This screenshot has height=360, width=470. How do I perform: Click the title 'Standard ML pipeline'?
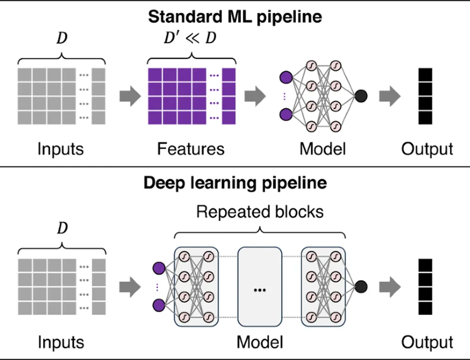point(235,17)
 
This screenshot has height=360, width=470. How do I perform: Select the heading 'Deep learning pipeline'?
point(235,182)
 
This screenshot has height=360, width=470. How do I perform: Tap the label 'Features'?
point(190,149)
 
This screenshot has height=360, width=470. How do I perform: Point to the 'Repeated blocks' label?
point(260,212)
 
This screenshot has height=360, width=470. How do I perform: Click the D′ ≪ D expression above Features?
point(190,38)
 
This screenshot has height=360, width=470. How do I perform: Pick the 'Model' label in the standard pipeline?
point(322,149)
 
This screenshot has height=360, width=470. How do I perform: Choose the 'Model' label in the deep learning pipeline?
point(260,342)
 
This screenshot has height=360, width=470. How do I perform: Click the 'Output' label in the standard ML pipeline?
point(427,149)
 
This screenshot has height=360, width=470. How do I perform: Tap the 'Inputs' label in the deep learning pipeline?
point(61,342)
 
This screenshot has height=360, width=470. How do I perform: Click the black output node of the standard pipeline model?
point(361,96)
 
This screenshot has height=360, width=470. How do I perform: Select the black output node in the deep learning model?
point(361,287)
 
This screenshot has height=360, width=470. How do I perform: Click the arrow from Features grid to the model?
point(255,96)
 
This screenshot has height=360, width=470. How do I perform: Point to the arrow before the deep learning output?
point(390,287)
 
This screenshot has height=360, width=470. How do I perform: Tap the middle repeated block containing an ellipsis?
point(260,287)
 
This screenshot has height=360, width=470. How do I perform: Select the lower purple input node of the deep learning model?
point(159,305)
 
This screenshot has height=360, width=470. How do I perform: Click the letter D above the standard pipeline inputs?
point(62,38)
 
